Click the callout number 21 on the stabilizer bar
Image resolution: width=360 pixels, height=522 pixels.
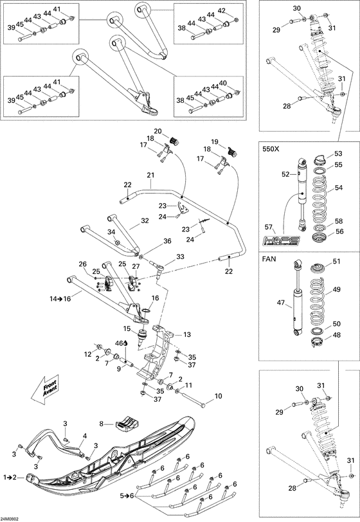(151, 175)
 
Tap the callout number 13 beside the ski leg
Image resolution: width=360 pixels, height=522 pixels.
(187, 334)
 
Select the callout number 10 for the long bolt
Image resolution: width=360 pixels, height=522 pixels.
(218, 396)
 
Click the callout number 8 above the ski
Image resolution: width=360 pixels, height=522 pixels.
(101, 424)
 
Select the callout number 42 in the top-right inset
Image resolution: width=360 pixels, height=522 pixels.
(221, 11)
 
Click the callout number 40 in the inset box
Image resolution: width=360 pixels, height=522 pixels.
(223, 83)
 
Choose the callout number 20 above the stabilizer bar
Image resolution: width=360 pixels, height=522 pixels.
(157, 131)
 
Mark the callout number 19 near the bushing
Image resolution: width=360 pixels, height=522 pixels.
(215, 141)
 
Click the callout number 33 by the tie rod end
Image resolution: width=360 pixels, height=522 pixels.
(179, 257)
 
